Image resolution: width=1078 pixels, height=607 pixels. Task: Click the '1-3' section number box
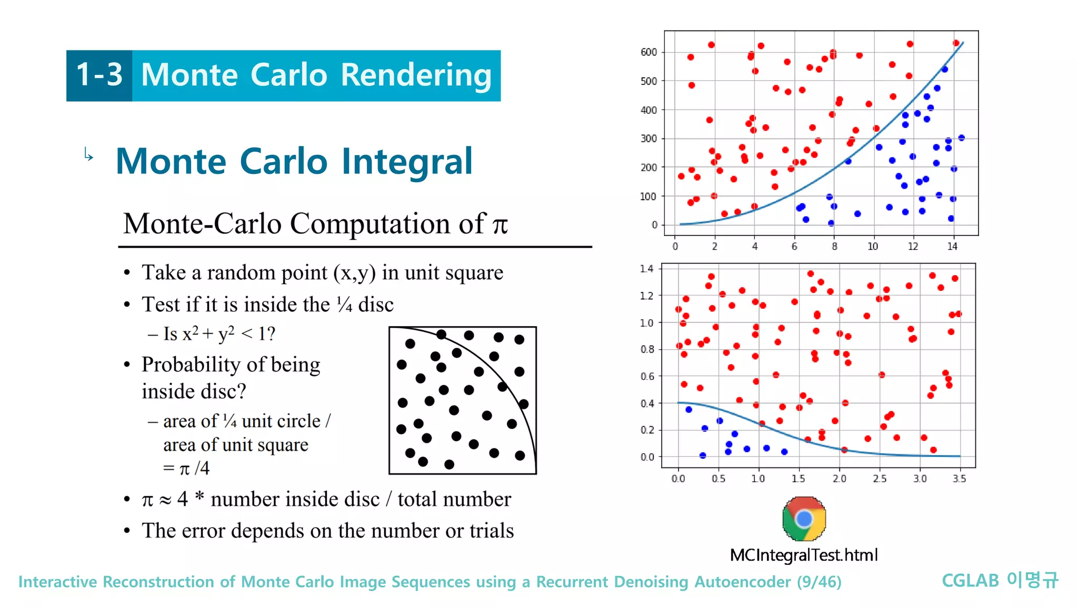pyautogui.click(x=99, y=75)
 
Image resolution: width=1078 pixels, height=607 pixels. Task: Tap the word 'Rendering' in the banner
pyautogui.click(x=416, y=75)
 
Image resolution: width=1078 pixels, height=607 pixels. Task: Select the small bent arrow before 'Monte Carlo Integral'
pyautogui.click(x=88, y=154)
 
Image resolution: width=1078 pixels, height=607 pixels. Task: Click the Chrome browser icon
pyautogui.click(x=804, y=519)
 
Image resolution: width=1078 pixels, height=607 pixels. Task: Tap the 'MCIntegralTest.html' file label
pyautogui.click(x=804, y=555)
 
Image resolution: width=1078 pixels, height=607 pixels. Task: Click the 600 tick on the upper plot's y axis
pyautogui.click(x=648, y=52)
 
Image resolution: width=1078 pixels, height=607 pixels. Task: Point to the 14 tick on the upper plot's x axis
pyautogui.click(x=952, y=247)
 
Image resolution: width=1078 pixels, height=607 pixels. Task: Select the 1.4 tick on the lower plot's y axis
pyautogui.click(x=646, y=269)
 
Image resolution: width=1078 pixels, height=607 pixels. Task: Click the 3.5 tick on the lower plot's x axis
pyautogui.click(x=959, y=478)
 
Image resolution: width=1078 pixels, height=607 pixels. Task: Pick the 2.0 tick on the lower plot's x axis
pyautogui.click(x=839, y=478)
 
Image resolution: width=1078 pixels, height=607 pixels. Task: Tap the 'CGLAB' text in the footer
pyautogui.click(x=970, y=581)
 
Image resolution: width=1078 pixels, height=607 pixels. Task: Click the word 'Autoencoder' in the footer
pyautogui.click(x=742, y=582)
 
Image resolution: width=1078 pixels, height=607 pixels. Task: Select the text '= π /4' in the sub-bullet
pyautogui.click(x=186, y=468)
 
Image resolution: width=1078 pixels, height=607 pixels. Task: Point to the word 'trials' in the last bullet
pyautogui.click(x=491, y=531)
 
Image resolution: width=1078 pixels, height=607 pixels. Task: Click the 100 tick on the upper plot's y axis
pyautogui.click(x=648, y=197)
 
